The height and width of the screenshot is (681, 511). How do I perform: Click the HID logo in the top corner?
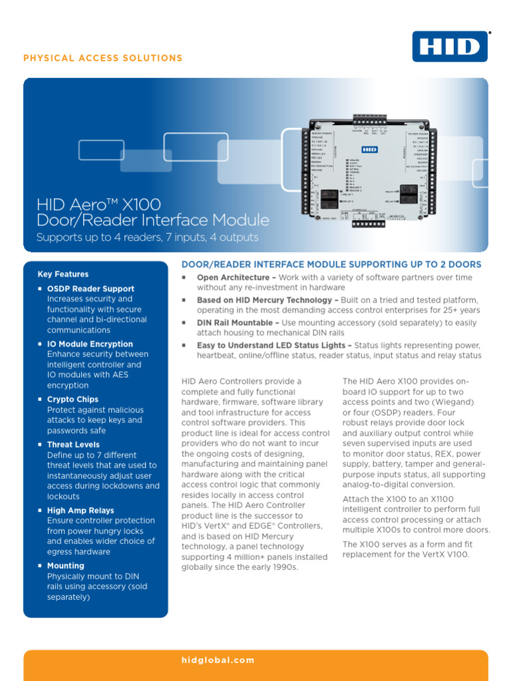(450, 46)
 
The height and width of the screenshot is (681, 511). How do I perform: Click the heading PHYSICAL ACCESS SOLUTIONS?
(103, 58)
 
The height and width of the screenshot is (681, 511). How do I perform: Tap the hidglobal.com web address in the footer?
(218, 660)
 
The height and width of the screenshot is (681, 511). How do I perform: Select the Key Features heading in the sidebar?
(63, 274)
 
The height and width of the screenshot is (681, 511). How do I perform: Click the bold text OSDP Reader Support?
(90, 289)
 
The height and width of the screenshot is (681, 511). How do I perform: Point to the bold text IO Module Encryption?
(90, 344)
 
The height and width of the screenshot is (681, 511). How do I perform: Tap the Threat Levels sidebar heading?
(73, 444)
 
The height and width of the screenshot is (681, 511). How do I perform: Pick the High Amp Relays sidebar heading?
(81, 510)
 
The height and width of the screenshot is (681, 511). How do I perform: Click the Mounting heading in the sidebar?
(66, 566)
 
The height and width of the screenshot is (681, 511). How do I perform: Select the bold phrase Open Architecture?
(232, 277)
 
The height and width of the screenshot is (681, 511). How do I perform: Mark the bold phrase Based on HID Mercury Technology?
(263, 300)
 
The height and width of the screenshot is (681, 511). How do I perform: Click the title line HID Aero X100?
(98, 204)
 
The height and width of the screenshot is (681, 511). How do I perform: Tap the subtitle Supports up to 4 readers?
(147, 237)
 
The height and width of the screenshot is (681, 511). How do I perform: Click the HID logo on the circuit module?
(371, 150)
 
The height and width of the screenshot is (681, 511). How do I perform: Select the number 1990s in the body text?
(282, 567)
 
